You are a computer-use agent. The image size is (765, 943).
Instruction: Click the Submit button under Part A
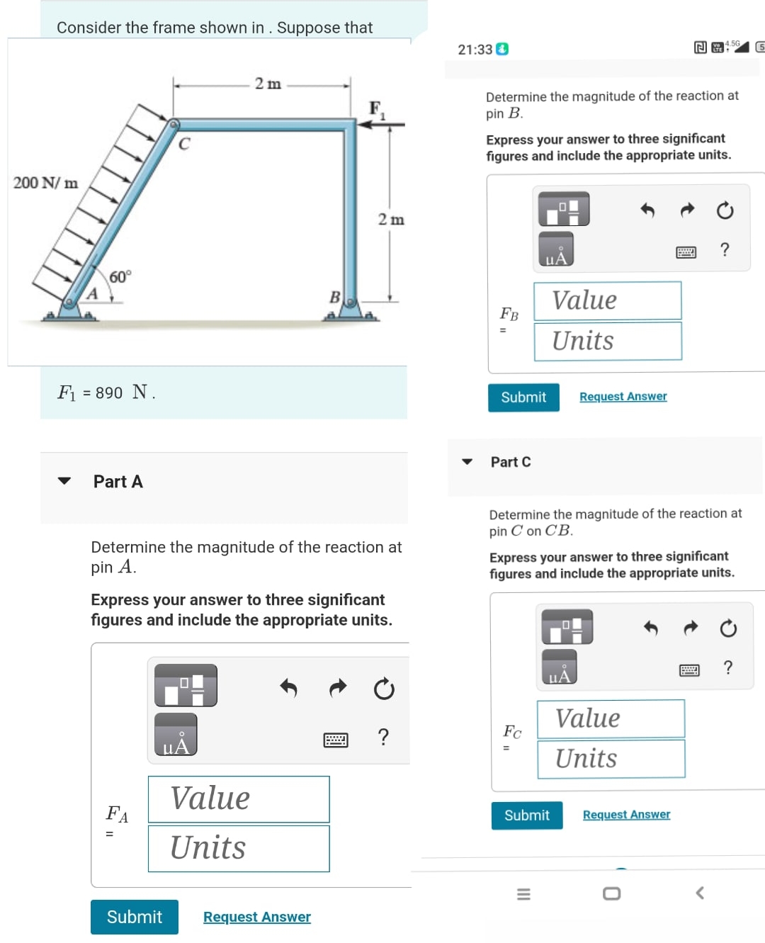pos(134,917)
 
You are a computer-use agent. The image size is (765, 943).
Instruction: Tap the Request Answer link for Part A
pos(256,917)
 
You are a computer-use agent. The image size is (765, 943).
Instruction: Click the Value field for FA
pos(239,799)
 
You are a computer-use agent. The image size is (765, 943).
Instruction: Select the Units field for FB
pos(608,341)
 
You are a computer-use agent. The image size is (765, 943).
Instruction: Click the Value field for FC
pos(611,718)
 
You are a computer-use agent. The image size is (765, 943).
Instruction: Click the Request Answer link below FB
pos(623,397)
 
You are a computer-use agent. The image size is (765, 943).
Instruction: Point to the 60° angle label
pos(120,277)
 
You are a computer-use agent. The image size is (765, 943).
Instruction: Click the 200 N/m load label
pos(45,183)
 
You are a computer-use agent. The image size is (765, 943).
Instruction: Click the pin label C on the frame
pos(184,144)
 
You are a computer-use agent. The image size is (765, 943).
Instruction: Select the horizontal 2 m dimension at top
pos(268,84)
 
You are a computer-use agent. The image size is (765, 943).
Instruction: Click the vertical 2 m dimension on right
pos(391,220)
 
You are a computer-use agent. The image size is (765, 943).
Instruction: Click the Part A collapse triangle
pos(64,481)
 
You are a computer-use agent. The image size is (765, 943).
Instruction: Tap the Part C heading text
pos(510,462)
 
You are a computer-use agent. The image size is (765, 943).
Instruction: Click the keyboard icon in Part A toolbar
pos(336,740)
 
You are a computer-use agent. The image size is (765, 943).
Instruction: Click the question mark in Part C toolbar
pos(727,667)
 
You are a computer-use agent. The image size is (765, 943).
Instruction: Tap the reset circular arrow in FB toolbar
pos(725,210)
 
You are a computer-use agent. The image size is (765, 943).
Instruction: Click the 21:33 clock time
pos(475,50)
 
